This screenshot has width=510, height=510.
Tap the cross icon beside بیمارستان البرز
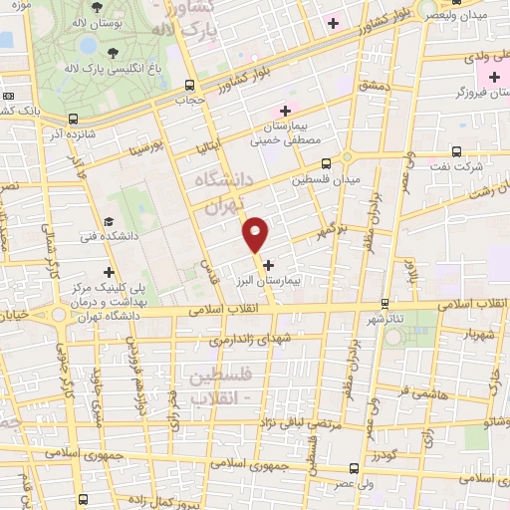(x=269, y=264)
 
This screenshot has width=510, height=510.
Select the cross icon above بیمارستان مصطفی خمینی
(x=286, y=111)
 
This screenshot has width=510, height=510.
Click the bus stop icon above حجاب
(x=189, y=87)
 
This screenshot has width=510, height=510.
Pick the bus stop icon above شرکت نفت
(x=456, y=152)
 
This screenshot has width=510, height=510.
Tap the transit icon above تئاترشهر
(x=384, y=303)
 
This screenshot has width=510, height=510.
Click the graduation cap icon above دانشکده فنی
(x=108, y=221)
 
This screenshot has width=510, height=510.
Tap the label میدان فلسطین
(x=325, y=180)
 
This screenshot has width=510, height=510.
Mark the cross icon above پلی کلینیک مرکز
(x=109, y=272)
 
